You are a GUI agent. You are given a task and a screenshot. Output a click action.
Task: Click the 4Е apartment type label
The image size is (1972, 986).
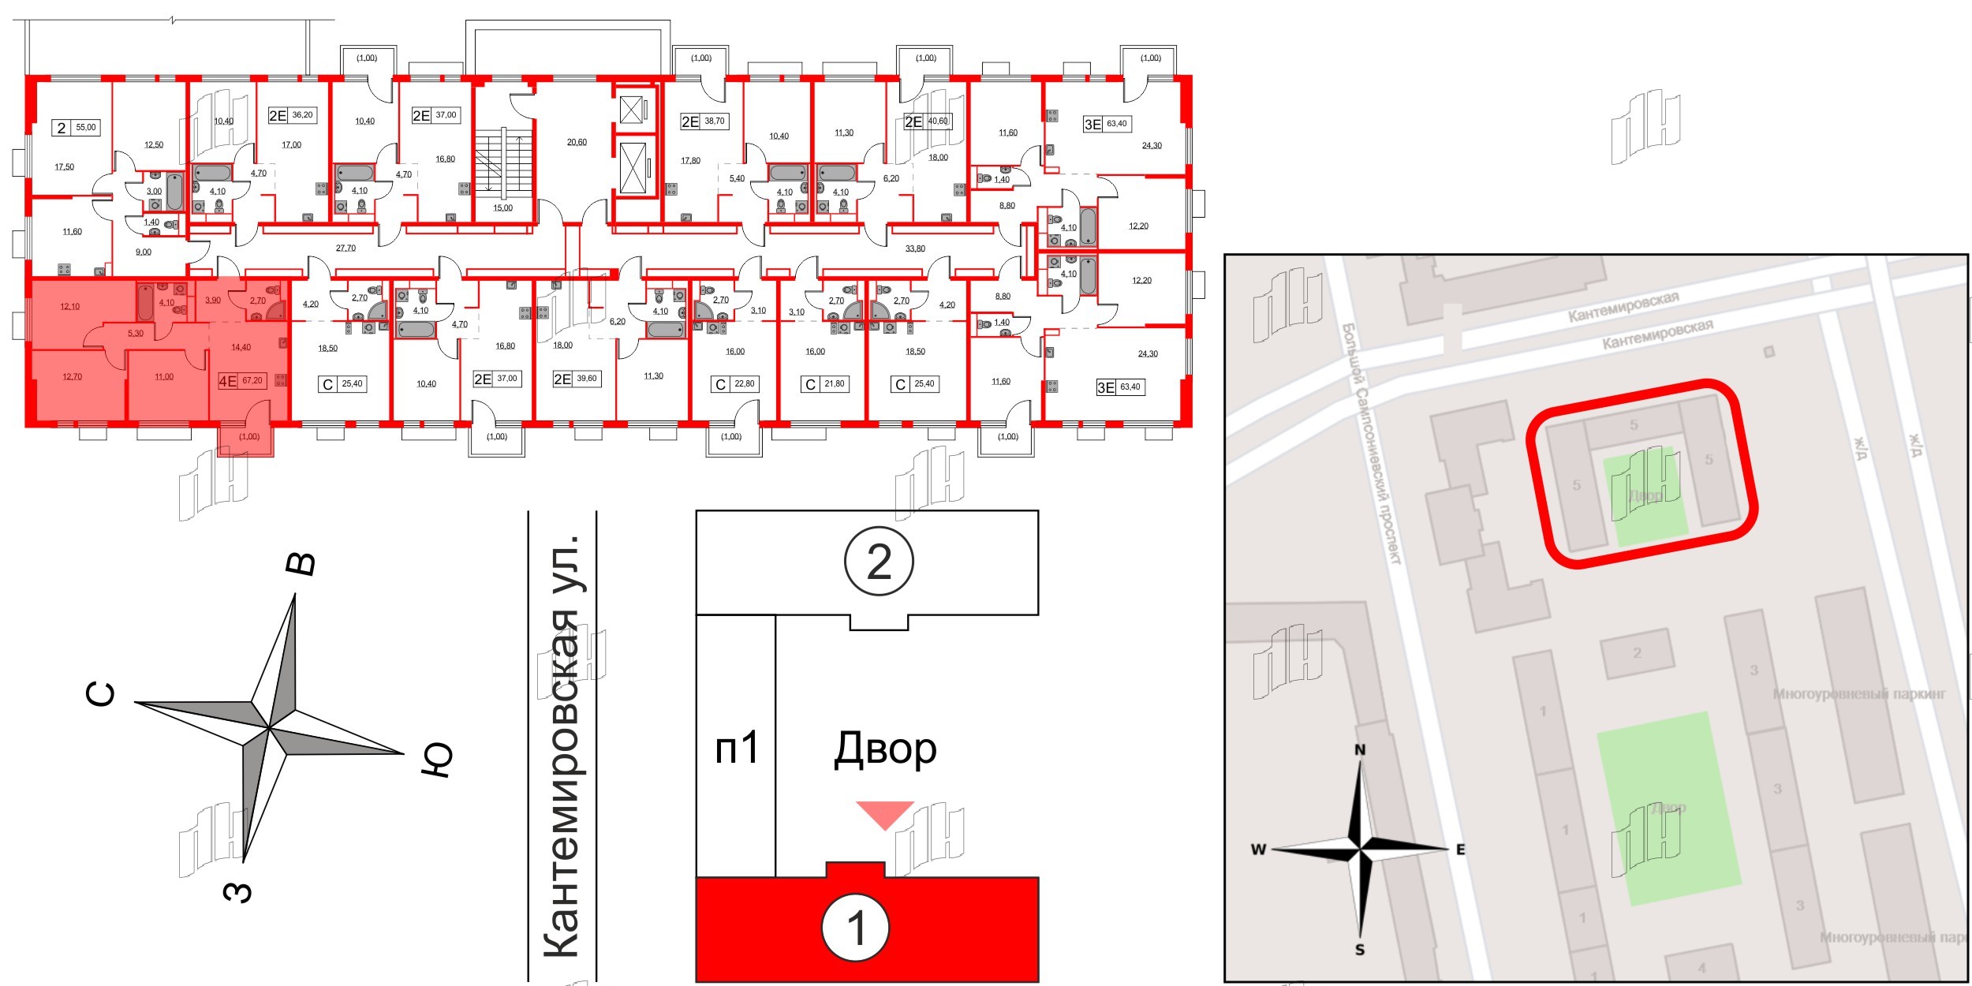227,381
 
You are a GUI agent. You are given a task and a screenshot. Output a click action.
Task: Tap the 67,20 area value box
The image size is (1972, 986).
252,381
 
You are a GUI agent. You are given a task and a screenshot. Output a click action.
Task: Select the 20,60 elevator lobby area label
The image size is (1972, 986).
577,143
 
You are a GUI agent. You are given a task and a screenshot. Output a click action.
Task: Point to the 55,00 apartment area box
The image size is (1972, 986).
86,127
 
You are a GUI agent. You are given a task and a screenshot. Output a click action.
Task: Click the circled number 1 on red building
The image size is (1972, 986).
856,928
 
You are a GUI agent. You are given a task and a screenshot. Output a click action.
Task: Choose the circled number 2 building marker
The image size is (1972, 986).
879,562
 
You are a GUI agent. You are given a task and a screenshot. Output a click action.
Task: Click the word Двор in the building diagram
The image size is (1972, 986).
885,749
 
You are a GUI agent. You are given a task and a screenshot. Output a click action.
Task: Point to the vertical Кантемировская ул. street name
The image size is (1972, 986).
562,745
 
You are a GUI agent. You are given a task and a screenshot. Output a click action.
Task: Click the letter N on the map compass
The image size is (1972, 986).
1360,750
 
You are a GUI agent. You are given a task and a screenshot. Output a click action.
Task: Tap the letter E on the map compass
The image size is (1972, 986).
1460,850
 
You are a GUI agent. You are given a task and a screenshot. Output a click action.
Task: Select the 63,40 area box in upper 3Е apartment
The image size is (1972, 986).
1117,124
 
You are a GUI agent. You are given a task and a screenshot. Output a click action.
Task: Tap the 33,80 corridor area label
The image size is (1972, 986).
915,248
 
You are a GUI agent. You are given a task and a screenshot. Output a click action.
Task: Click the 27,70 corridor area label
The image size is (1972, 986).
345,248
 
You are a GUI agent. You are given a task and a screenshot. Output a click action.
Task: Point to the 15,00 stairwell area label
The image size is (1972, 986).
502,208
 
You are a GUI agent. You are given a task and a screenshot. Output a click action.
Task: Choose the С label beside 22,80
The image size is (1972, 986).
719,385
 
